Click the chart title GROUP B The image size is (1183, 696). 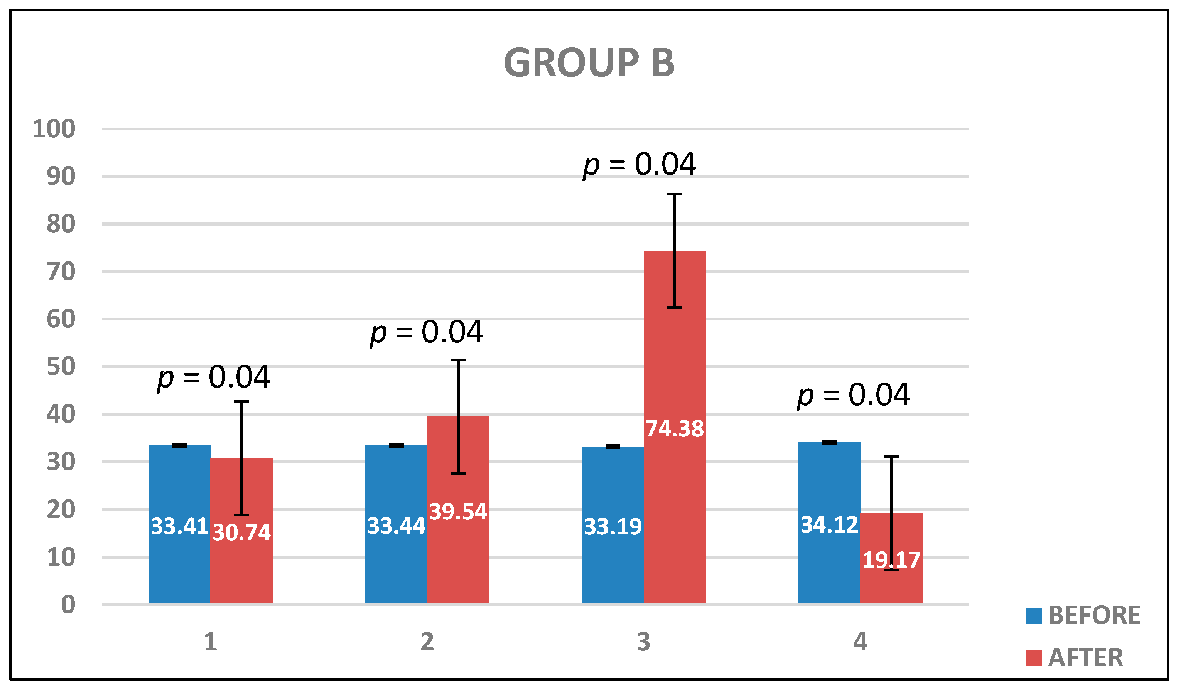coord(589,63)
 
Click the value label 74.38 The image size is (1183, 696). coord(675,429)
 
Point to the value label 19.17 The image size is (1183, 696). coord(891,560)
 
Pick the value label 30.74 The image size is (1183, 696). coord(241,532)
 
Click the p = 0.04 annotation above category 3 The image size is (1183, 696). coord(639,165)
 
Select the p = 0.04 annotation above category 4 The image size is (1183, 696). coord(853,395)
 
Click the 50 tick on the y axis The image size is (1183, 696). coord(61,367)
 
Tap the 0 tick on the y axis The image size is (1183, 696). coord(68,605)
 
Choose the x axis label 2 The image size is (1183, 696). coord(427,642)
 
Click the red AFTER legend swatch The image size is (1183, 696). coord(1033,658)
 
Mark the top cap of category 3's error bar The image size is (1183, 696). coord(675,194)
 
